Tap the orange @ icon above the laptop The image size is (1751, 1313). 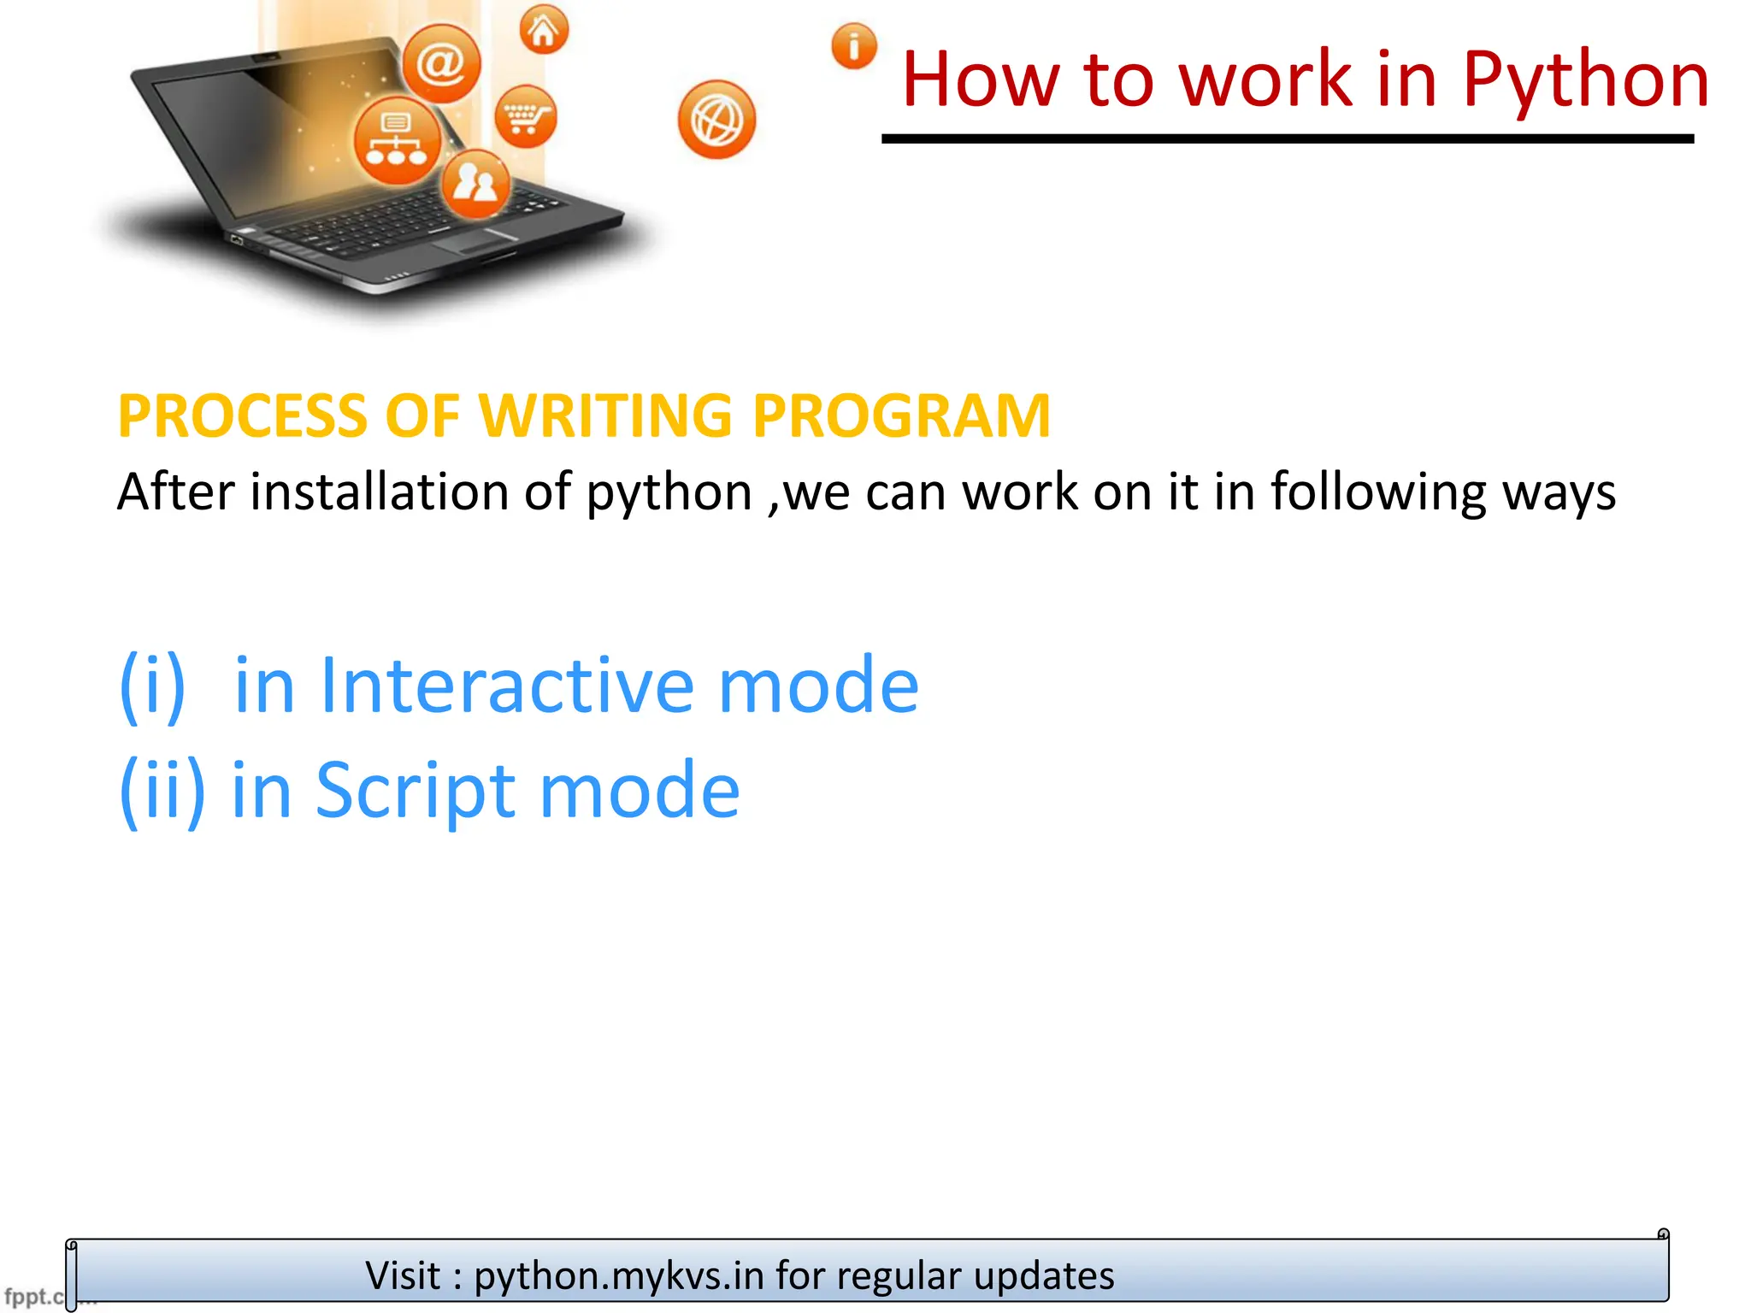pyautogui.click(x=441, y=64)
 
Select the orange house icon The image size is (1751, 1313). pyautogui.click(x=544, y=31)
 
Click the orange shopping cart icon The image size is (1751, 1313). pyautogui.click(x=525, y=116)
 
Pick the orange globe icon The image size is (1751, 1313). pyautogui.click(x=716, y=120)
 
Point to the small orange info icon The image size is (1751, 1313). pyautogui.click(x=854, y=46)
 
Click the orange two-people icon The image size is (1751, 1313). pyautogui.click(x=475, y=183)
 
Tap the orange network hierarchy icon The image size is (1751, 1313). pyautogui.click(x=397, y=141)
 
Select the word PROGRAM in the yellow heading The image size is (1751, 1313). pyautogui.click(x=901, y=416)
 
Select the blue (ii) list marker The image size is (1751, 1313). pyautogui.click(x=162, y=791)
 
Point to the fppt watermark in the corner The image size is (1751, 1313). pyautogui.click(x=31, y=1296)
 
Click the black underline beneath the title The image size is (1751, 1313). pyautogui.click(x=1287, y=138)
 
